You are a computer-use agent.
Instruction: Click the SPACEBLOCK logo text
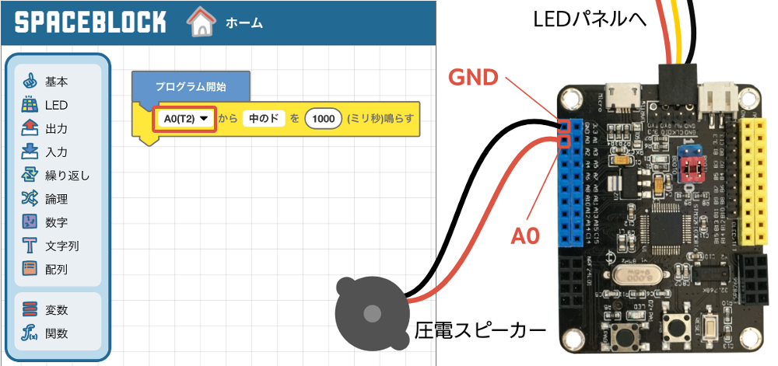[90, 22]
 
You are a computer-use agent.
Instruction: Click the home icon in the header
[201, 23]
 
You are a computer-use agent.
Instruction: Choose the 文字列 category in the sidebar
[61, 246]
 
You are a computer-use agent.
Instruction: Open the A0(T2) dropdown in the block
[184, 119]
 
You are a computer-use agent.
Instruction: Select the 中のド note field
[264, 119]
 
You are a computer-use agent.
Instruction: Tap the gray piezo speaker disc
[372, 313]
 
